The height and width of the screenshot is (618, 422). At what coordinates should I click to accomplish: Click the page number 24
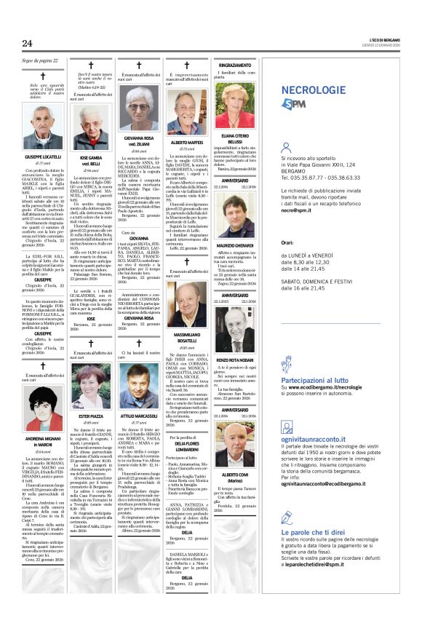28,44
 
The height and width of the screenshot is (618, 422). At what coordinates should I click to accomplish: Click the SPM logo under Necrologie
294,104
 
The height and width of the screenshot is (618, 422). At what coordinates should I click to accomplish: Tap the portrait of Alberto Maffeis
186,114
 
